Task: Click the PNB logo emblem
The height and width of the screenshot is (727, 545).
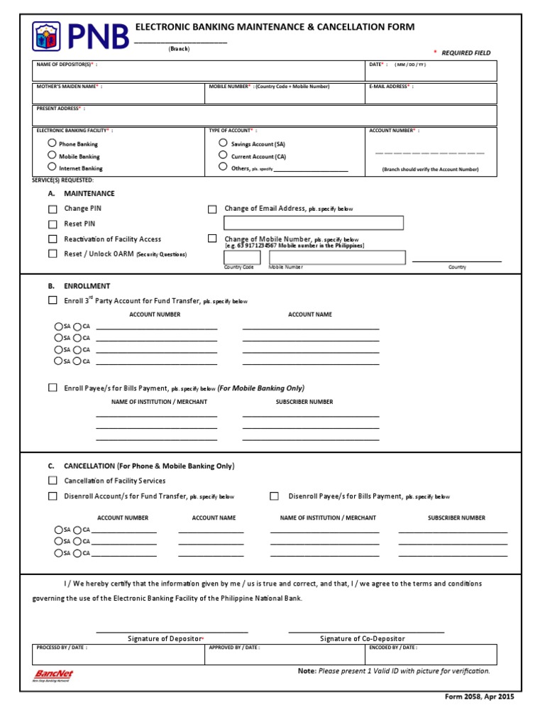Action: [x=47, y=36]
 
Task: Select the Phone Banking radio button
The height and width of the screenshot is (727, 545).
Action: [x=52, y=143]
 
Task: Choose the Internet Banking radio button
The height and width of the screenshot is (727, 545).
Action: [x=52, y=168]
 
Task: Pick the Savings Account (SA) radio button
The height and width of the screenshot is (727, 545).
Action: [x=223, y=143]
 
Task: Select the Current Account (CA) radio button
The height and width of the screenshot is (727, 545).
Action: [x=223, y=155]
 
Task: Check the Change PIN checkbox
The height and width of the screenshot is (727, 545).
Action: [x=53, y=209]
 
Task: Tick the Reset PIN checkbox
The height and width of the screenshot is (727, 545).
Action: [x=53, y=224]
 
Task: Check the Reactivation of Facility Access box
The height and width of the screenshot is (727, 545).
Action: [x=53, y=239]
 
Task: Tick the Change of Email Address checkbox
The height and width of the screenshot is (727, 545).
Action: [x=212, y=209]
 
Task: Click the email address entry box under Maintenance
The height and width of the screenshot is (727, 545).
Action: [x=313, y=223]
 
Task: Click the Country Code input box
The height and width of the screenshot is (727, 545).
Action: [x=243, y=257]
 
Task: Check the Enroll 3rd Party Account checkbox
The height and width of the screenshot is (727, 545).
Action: [x=53, y=300]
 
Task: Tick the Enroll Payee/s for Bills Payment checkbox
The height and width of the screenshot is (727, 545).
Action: [x=53, y=388]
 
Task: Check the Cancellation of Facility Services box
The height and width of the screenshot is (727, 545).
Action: [x=53, y=481]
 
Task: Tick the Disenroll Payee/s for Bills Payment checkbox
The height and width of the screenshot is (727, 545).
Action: [x=274, y=496]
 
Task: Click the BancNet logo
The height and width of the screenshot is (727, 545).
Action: [x=54, y=675]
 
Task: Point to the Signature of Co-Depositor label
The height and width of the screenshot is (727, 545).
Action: [x=362, y=639]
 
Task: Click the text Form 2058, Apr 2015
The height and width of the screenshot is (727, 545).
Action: [x=480, y=696]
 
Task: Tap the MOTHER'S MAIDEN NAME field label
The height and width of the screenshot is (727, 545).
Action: [x=67, y=87]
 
